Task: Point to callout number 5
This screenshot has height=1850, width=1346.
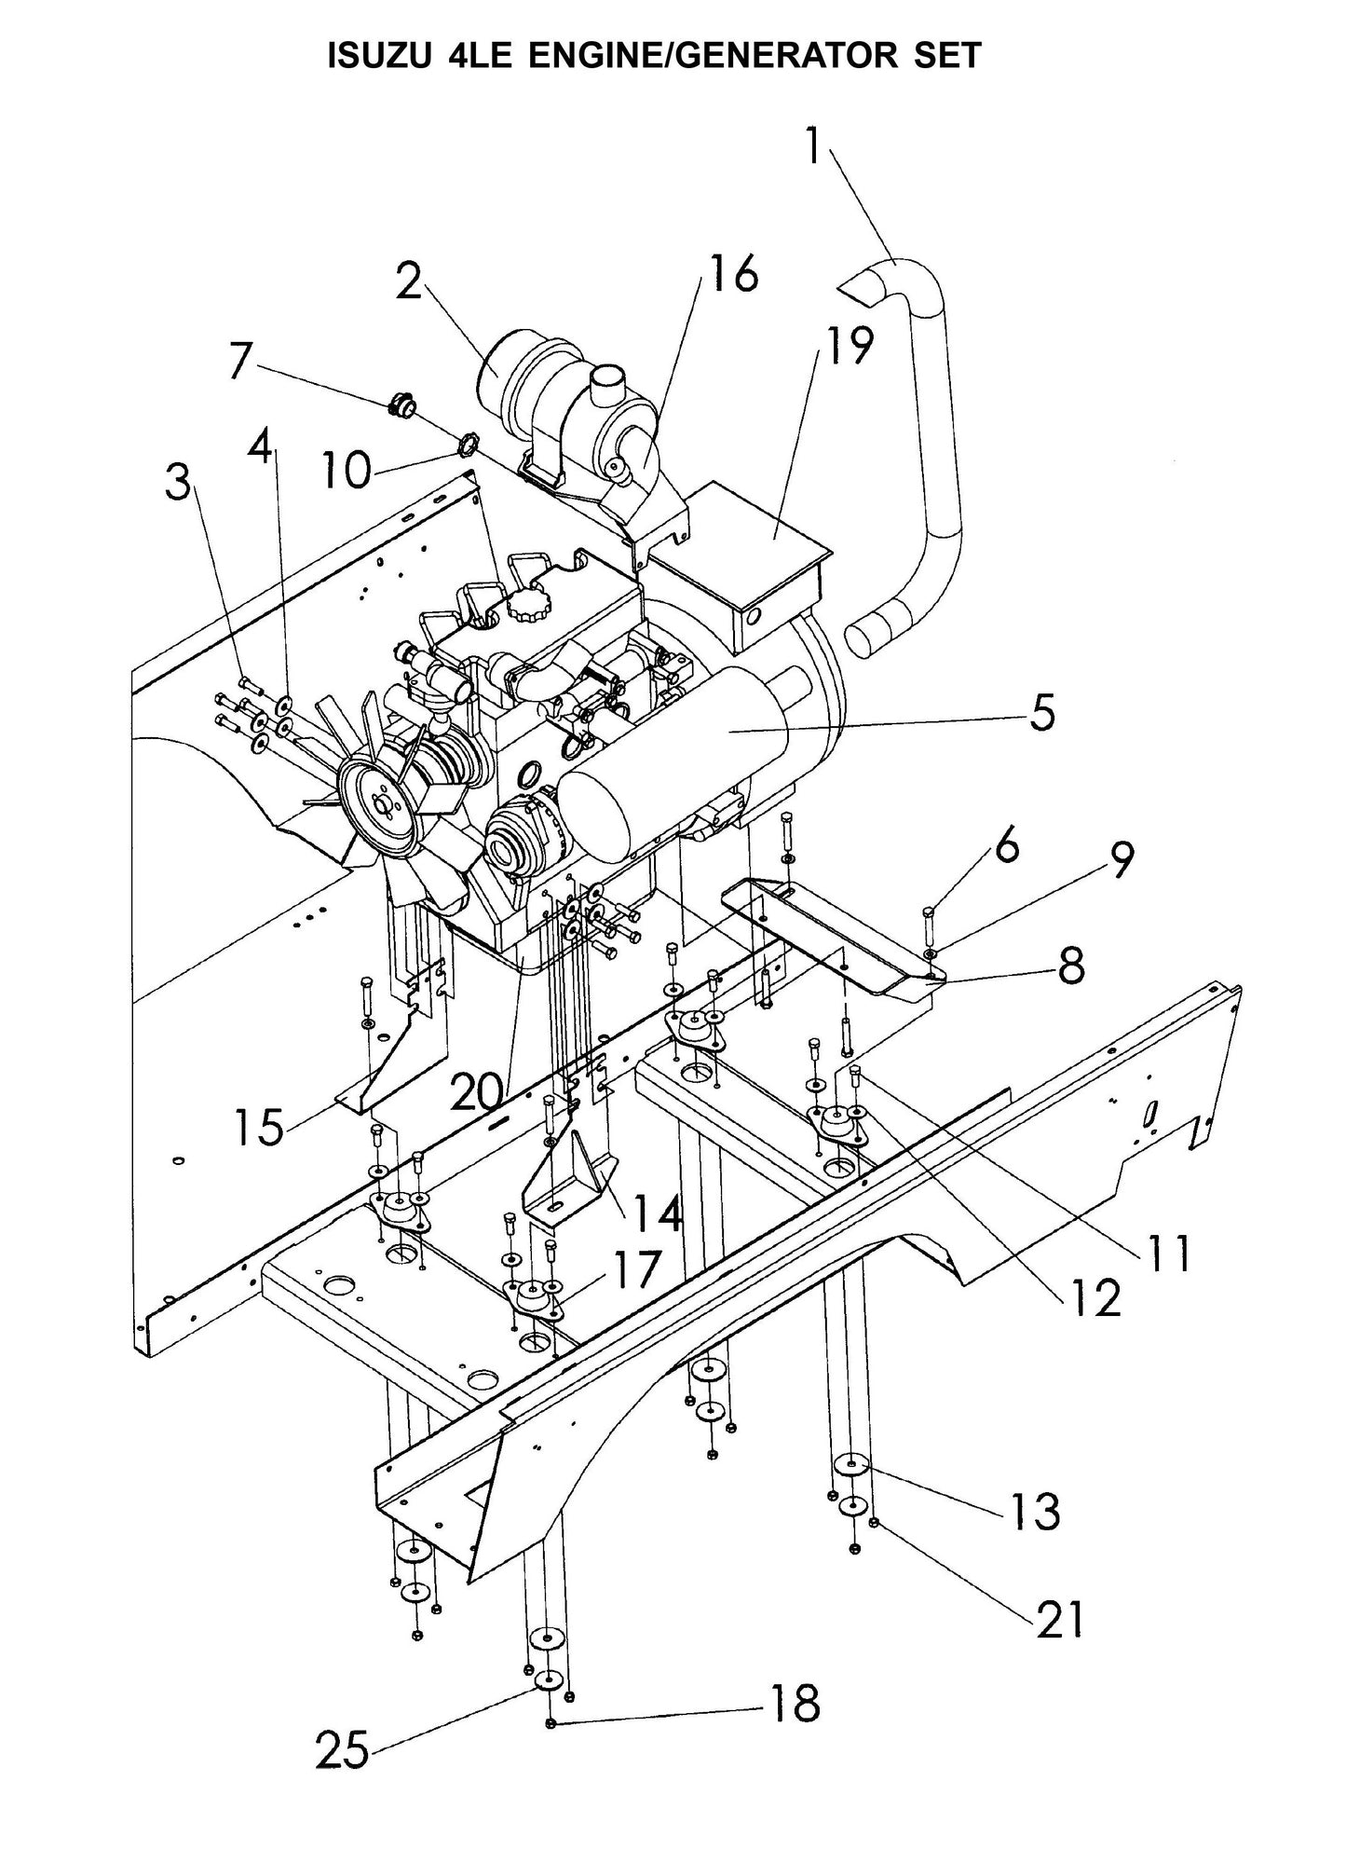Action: coord(1042,713)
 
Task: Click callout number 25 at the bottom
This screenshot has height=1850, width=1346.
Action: coord(342,1750)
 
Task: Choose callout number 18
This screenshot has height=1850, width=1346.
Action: coord(793,1704)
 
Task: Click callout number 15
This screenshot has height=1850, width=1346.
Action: coord(259,1128)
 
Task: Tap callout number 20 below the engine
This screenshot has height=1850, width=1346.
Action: coord(480,1090)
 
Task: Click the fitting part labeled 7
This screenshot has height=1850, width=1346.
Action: coord(402,406)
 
